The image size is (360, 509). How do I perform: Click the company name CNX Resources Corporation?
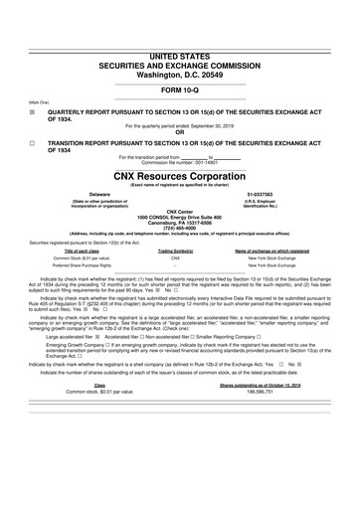180,173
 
